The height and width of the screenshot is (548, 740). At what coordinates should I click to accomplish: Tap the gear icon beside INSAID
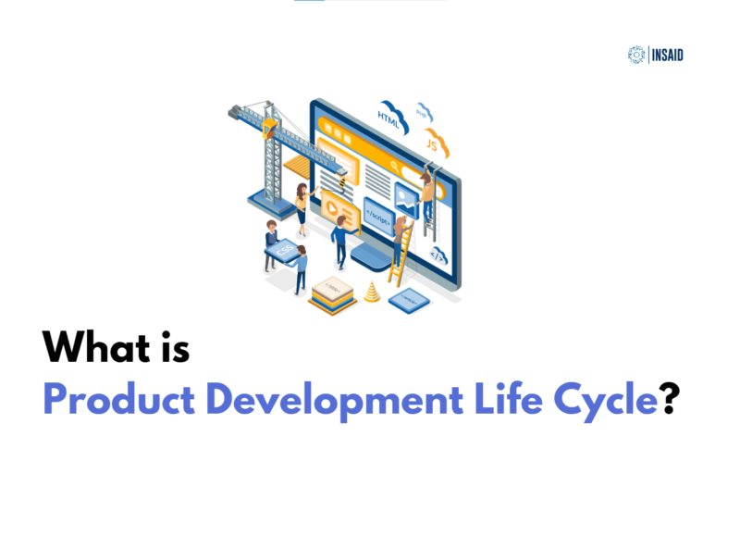pos(635,55)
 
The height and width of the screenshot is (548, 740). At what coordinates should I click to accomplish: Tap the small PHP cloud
pos(424,113)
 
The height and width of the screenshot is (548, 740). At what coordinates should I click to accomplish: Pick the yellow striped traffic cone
pos(372,292)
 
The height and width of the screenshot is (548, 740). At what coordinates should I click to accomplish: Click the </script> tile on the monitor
pos(378,211)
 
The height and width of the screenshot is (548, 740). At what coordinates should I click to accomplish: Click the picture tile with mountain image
pos(407,195)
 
